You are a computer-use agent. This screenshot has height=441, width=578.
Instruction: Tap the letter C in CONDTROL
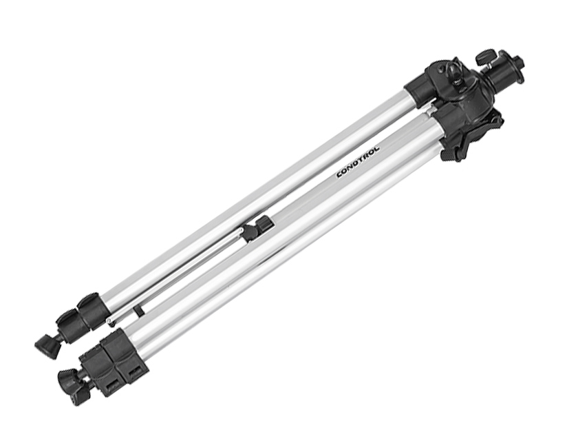340,174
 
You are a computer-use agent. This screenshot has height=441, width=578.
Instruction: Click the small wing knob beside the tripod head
484,57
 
